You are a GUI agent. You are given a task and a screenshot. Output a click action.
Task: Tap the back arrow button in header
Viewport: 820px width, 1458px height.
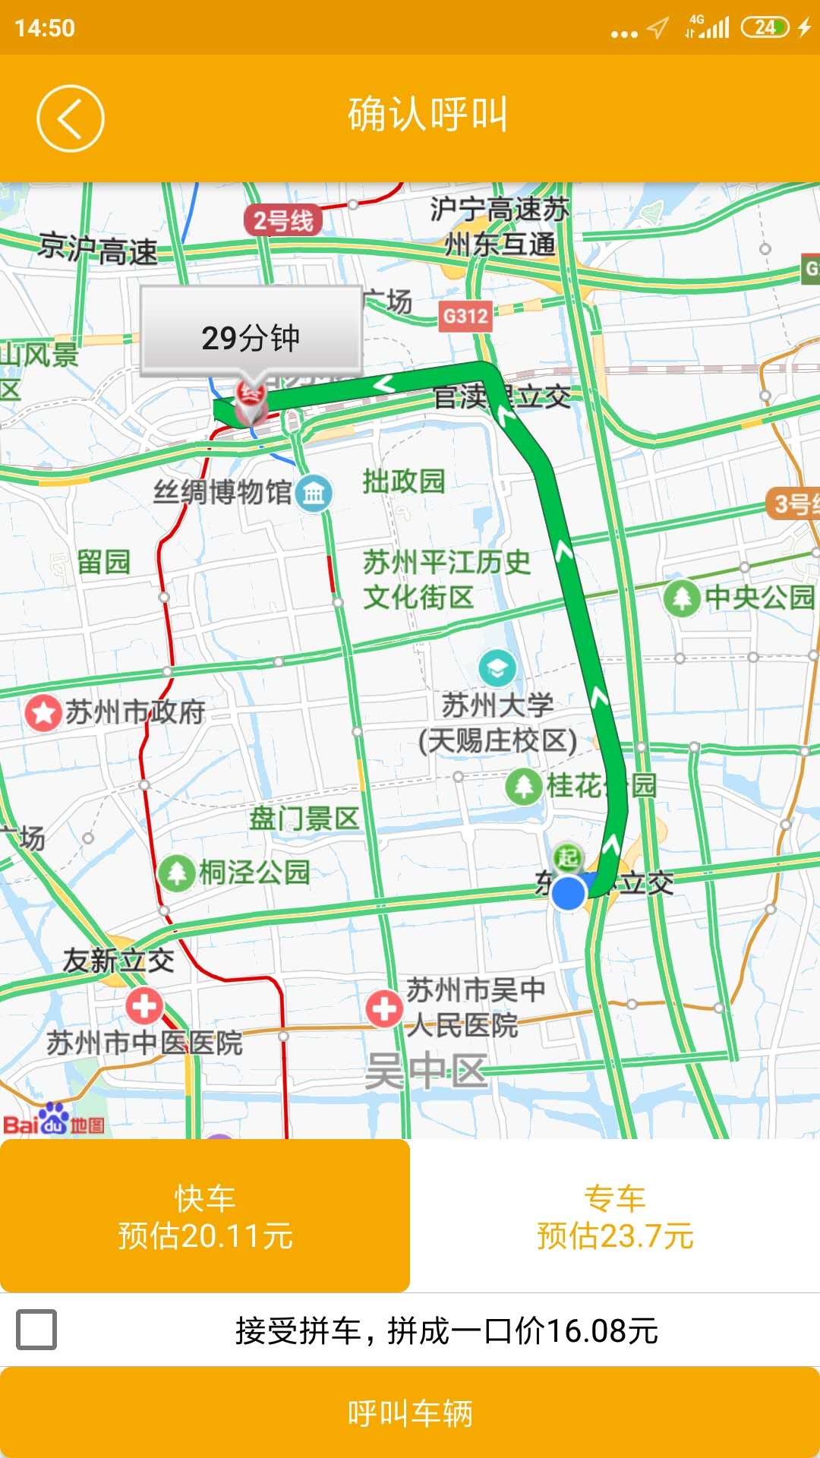coord(70,118)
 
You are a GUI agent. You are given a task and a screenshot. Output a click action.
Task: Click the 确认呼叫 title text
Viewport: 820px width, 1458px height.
coord(427,115)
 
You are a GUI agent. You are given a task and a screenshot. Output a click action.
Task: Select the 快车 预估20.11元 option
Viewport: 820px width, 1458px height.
coord(205,1216)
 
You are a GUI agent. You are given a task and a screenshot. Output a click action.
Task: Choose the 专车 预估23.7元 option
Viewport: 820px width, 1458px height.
coord(615,1216)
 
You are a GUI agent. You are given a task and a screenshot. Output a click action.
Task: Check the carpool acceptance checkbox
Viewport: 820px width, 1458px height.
coord(36,1330)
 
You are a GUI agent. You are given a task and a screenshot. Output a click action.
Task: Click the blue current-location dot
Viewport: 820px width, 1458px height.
coord(568,892)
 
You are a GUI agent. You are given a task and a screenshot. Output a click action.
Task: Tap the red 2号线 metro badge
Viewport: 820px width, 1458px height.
coord(283,221)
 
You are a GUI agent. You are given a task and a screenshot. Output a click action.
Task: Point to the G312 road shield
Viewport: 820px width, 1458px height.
coord(465,315)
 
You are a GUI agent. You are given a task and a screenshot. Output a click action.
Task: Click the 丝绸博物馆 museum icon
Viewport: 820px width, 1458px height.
coord(314,494)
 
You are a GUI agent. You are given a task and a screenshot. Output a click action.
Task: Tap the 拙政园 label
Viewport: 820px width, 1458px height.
coord(403,481)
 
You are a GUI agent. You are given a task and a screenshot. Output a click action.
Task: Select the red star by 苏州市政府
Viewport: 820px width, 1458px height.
coord(43,713)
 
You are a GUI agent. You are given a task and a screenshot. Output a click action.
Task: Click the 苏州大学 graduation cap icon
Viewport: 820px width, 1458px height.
coord(497,668)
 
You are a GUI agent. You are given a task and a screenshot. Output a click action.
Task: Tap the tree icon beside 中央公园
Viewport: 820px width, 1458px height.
coord(681,598)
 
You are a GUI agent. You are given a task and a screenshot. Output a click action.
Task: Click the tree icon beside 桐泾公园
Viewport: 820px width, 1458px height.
coord(176,873)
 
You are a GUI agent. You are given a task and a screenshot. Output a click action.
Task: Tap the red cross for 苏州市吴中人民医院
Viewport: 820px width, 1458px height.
coord(384,1009)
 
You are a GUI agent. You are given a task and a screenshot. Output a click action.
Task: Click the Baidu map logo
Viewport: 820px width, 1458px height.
coord(53,1120)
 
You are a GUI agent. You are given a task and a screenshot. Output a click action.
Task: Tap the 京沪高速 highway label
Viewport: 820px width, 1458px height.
coord(99,249)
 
